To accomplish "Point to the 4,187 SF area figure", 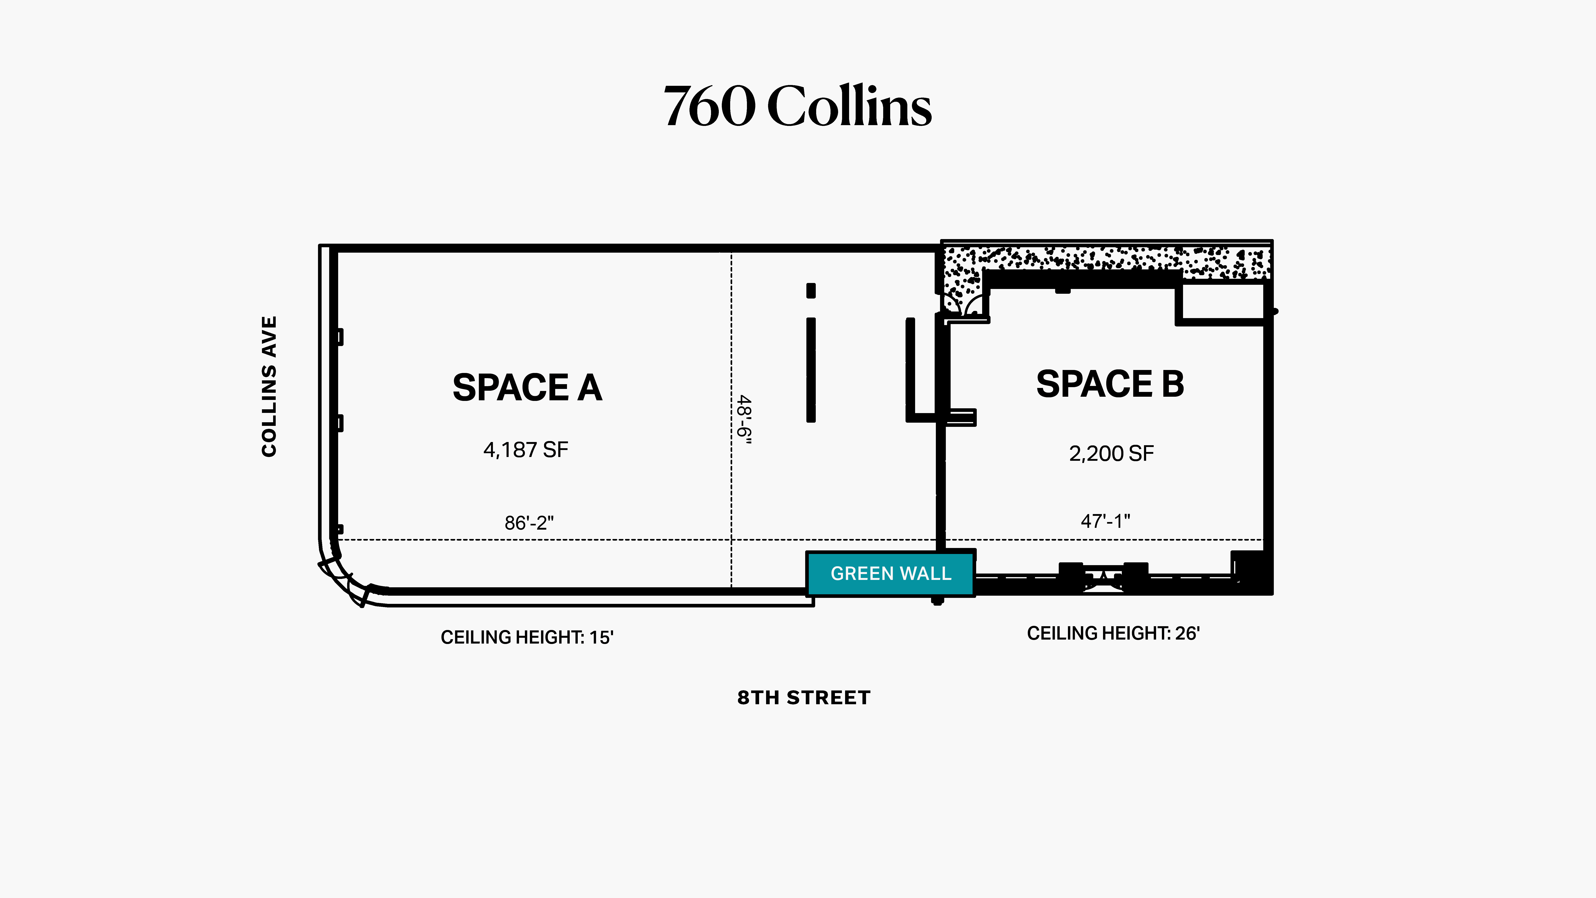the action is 525,450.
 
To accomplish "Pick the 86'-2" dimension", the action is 529,523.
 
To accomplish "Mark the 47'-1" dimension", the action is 1105,521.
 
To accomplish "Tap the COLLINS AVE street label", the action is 269,387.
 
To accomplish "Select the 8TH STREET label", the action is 804,698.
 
